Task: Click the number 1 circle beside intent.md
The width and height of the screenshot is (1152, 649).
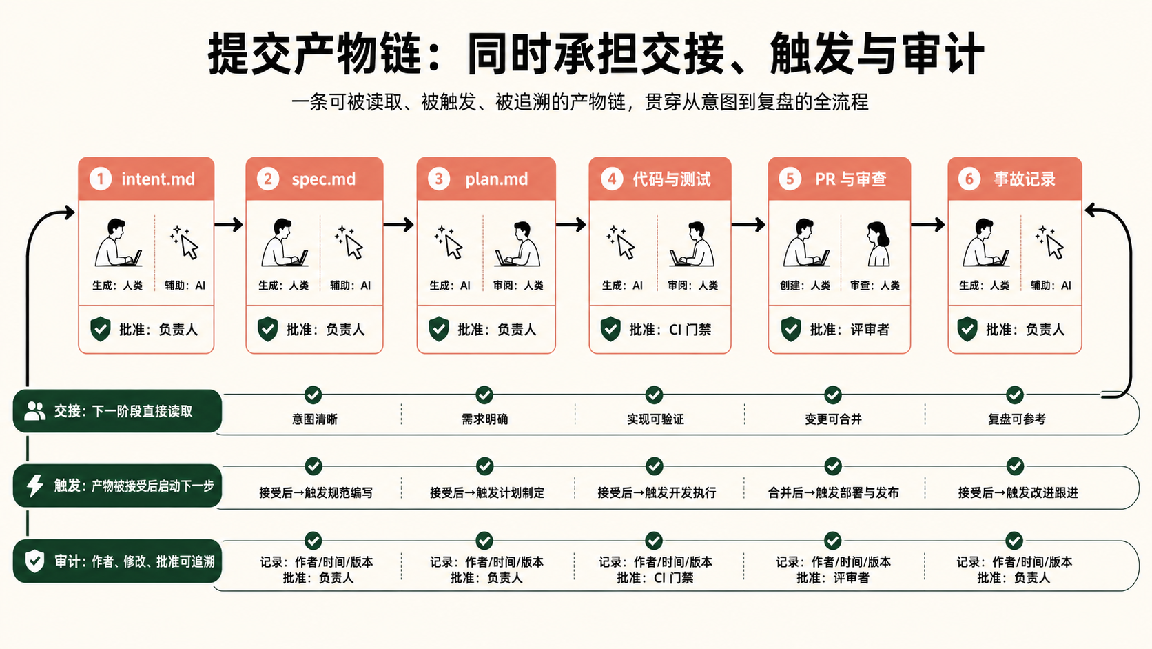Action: point(101,179)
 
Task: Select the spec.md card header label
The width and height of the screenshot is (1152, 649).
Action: point(324,179)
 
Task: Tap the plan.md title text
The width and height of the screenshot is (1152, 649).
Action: point(496,179)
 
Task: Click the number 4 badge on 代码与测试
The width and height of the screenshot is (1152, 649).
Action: point(612,179)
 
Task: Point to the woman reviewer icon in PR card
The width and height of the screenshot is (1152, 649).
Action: point(878,243)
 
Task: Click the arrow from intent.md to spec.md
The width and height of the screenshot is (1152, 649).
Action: point(228,225)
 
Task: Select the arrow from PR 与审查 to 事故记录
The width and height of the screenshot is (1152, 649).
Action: point(928,225)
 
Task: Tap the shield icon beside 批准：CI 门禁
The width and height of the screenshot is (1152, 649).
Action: point(610,329)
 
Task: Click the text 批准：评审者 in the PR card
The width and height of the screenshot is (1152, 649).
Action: point(850,330)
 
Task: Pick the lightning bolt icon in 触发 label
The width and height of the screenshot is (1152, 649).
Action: point(35,486)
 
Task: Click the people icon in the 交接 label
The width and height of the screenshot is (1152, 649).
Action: point(35,410)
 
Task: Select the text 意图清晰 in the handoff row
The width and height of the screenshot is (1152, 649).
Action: point(315,419)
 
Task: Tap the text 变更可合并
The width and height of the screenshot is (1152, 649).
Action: point(833,419)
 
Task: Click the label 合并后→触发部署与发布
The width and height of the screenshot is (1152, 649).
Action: point(833,492)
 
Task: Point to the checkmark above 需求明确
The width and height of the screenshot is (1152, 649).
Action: point(484,395)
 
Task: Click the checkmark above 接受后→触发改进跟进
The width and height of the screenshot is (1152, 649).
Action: point(1015,466)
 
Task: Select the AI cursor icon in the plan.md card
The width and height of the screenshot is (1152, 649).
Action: point(449,241)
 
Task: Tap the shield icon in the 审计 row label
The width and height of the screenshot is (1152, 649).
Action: point(35,561)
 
